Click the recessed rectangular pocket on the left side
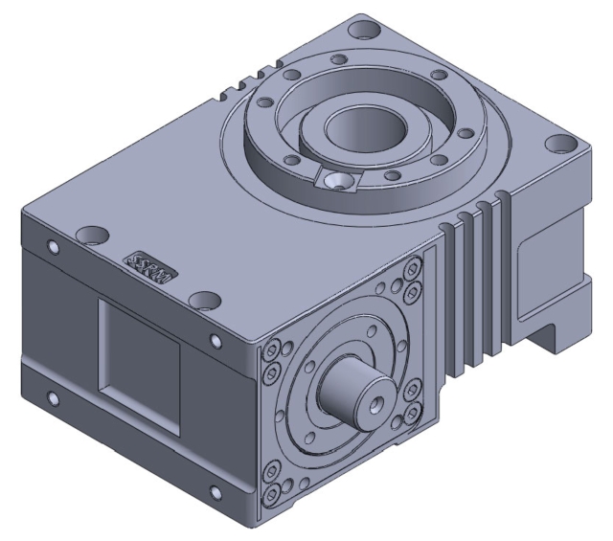(x=141, y=357)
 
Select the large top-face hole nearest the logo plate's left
(x=93, y=234)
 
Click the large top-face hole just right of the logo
(x=201, y=301)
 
